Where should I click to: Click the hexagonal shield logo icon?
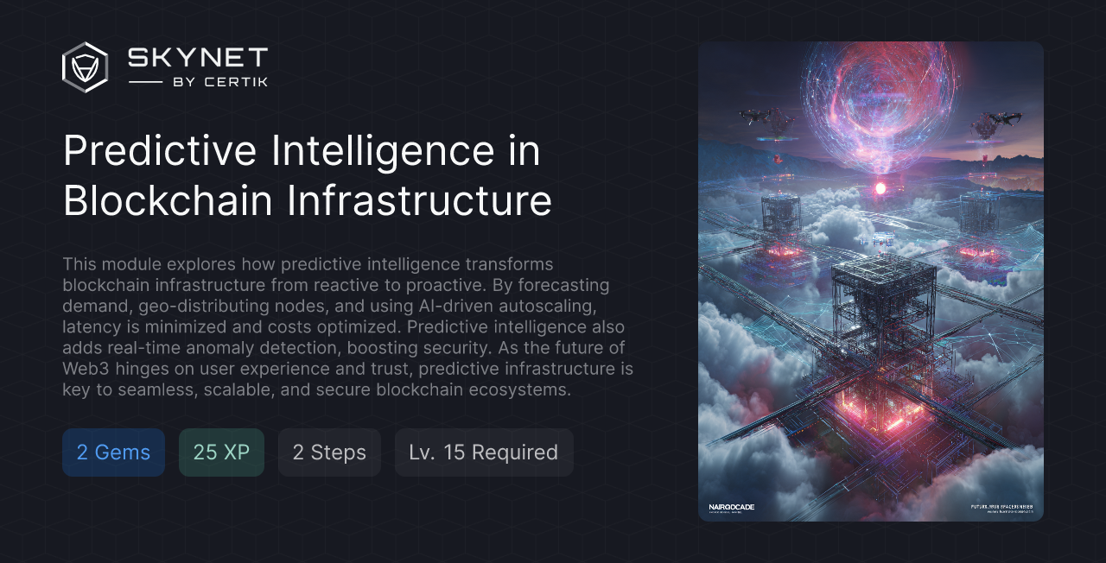[x=85, y=67]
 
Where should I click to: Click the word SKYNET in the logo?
[x=198, y=58]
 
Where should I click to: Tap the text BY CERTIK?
[x=220, y=82]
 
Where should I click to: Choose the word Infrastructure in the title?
[x=419, y=200]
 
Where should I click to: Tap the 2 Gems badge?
[x=113, y=452]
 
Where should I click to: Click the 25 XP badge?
[x=221, y=452]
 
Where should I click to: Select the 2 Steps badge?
[x=329, y=452]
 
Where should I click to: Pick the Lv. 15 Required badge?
[x=484, y=452]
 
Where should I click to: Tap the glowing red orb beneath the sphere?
[x=880, y=187]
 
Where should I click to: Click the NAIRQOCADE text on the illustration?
[x=731, y=507]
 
